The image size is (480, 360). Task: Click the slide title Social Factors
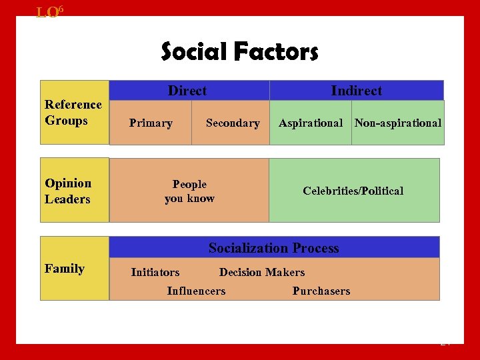coord(240,51)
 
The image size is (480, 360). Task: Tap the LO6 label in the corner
coord(49,11)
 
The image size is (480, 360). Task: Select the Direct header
coord(187,91)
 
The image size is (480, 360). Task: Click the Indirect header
coord(357,91)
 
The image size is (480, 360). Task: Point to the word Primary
coord(151,123)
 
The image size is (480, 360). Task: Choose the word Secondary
coord(233,123)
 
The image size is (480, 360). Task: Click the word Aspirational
coord(311,123)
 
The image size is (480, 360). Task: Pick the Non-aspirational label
coord(398,123)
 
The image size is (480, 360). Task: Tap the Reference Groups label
coord(73,113)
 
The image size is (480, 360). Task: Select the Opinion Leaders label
coord(68,191)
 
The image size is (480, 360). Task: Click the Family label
coord(65,269)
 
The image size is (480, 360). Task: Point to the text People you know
coord(189,191)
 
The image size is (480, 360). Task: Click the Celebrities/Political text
coord(353,191)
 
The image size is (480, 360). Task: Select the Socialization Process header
coord(274,248)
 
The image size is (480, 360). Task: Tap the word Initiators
coord(155,273)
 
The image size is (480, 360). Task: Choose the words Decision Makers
coord(262,273)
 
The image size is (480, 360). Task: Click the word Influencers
coord(196,291)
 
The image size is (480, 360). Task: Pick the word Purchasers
coord(321,291)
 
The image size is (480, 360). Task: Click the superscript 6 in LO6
coord(61,8)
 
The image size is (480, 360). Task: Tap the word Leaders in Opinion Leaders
coord(67,199)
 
